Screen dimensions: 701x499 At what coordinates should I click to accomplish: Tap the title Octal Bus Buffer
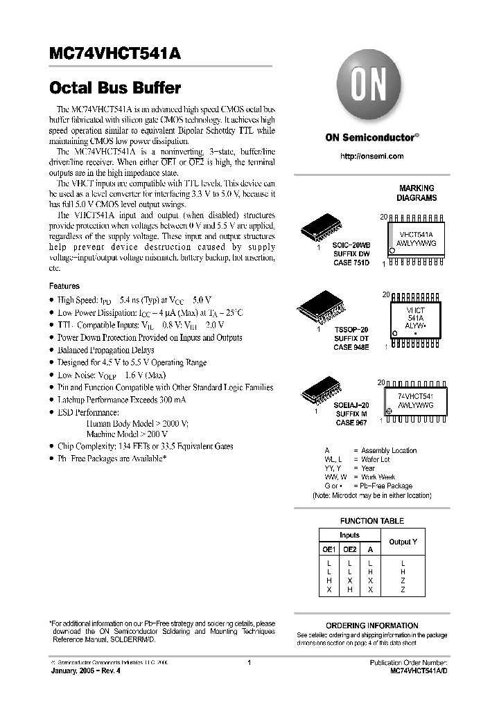[x=115, y=89]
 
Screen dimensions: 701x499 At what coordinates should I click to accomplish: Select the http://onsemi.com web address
[x=372, y=157]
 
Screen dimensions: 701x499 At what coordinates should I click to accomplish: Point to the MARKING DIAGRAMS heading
[x=417, y=193]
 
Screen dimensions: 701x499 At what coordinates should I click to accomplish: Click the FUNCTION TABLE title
[x=371, y=521]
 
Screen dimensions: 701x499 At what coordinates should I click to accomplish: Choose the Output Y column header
[x=403, y=541]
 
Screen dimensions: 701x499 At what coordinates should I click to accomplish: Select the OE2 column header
[x=350, y=549]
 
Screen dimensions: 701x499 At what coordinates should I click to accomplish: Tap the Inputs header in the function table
[x=349, y=535]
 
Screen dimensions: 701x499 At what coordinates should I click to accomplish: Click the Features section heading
[x=64, y=286]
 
